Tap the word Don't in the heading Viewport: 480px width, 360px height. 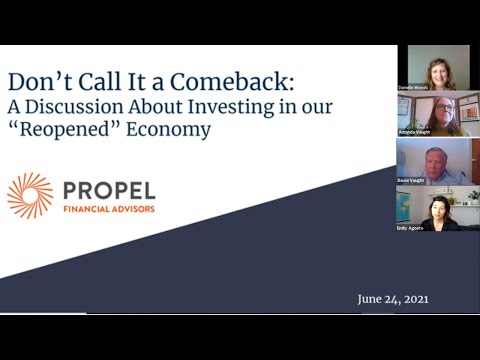coord(38,81)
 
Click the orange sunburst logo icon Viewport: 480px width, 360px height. coord(30,195)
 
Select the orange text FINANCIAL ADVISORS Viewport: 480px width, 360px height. coord(110,209)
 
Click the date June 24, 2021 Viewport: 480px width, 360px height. coord(393,299)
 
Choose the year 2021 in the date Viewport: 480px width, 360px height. coord(414,299)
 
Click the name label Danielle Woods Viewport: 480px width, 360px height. coord(412,88)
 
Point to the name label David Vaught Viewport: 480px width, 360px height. coord(410,181)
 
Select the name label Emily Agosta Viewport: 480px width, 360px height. coord(410,227)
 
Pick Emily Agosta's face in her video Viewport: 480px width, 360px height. coord(439,208)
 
